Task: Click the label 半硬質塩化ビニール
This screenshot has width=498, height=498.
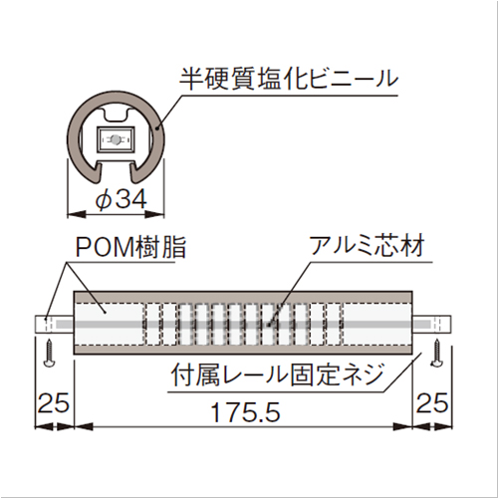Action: coord(289,79)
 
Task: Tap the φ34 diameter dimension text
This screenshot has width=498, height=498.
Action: coord(121,200)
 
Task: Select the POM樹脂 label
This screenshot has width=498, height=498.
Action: coord(130,247)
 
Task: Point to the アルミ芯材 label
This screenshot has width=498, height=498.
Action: coord(368,246)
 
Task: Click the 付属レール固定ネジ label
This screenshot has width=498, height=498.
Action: coord(277,374)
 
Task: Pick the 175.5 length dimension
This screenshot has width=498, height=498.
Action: coord(246,412)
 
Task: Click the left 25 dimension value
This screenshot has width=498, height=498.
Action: coord(53,403)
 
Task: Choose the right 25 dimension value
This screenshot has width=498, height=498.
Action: coord(432,403)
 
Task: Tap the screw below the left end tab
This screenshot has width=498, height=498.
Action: coord(49,353)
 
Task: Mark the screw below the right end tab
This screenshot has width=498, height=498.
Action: coord(436,353)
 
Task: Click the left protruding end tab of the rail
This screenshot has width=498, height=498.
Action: coord(54,324)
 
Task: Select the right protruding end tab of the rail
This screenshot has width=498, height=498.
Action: coord(432,324)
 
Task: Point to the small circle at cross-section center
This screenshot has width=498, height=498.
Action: coord(115,139)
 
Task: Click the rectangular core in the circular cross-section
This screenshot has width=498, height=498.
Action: coord(116,139)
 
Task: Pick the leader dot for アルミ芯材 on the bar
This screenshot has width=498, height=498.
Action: coord(268,324)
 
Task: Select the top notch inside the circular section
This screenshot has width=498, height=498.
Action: coord(116,115)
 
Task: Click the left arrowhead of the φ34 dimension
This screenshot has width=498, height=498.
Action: coord(76,214)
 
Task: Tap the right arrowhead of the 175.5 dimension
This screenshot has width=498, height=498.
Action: coord(403,426)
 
